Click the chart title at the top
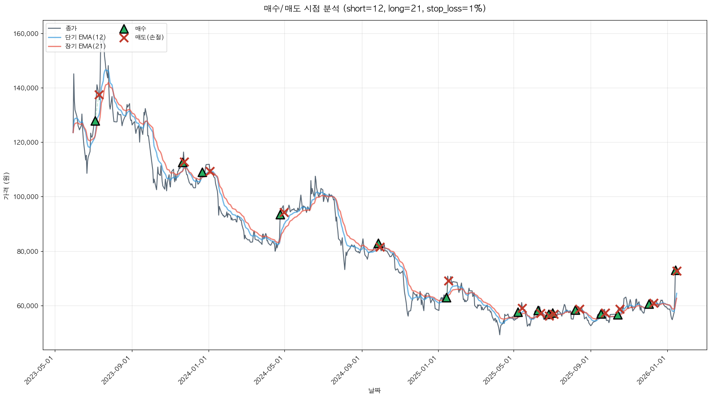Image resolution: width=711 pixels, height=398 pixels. pyautogui.click(x=374, y=9)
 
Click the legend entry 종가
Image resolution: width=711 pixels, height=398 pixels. pyautogui.click(x=71, y=28)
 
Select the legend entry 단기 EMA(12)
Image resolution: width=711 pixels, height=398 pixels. pyautogui.click(x=85, y=37)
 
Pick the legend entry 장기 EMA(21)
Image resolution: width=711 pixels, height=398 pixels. pyautogui.click(x=85, y=46)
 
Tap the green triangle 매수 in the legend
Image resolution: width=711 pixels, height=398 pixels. pyautogui.click(x=124, y=29)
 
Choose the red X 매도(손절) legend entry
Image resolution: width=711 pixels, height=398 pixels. pyautogui.click(x=124, y=38)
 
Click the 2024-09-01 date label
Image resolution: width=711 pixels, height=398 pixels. pyautogui.click(x=347, y=371)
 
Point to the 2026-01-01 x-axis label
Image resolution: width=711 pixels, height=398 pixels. pyautogui.click(x=652, y=371)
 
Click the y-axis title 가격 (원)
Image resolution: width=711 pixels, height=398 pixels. pyautogui.click(x=6, y=186)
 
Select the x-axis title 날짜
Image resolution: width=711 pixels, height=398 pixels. pyautogui.click(x=374, y=390)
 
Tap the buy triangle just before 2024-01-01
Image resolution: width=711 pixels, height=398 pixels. pyautogui.click(x=202, y=172)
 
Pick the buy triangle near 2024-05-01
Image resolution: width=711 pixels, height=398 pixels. pyautogui.click(x=280, y=214)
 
